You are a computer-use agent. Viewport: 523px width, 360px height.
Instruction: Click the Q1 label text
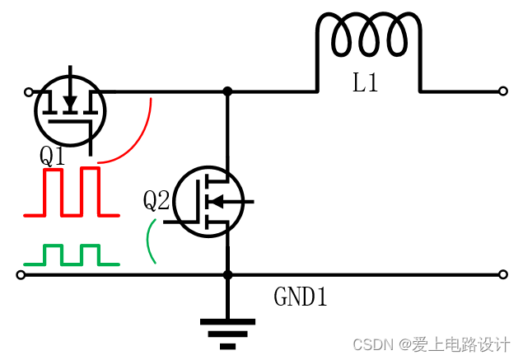tap(52, 155)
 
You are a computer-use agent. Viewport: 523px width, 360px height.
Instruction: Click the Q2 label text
tap(156, 200)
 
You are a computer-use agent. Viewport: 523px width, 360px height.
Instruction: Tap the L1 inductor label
tap(366, 83)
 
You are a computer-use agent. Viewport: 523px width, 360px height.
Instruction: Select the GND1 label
tap(301, 297)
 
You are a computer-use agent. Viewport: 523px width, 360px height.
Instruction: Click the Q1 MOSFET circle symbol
tap(70, 110)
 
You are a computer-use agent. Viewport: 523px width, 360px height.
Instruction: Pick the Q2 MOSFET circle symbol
tap(209, 201)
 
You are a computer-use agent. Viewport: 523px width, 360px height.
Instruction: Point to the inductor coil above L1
tap(369, 37)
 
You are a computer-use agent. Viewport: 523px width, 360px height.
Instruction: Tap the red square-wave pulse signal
tap(72, 193)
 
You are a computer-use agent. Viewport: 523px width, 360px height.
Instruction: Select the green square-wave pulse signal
tap(72, 255)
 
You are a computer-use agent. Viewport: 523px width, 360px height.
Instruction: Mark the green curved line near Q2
tap(150, 241)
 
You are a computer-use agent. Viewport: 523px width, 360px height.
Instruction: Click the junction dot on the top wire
tap(227, 91)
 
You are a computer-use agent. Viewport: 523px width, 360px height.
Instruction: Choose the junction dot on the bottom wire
tap(227, 274)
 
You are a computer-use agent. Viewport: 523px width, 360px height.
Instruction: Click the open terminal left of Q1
tap(29, 91)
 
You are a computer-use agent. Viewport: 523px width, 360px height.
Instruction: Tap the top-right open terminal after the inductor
tap(502, 91)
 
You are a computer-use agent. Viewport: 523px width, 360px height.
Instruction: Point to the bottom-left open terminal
tap(21, 274)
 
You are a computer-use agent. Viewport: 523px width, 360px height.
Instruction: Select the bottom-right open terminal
tap(502, 274)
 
